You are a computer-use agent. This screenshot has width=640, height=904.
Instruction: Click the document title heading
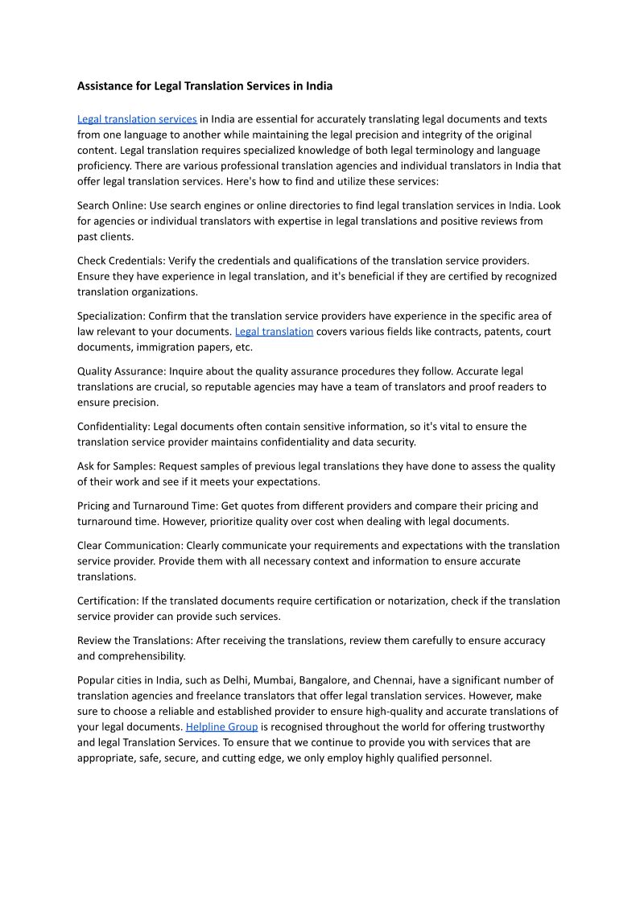pos(204,85)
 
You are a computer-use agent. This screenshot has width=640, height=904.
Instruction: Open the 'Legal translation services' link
pos(137,119)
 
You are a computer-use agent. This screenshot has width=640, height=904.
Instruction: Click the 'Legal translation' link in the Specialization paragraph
pos(274,332)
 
